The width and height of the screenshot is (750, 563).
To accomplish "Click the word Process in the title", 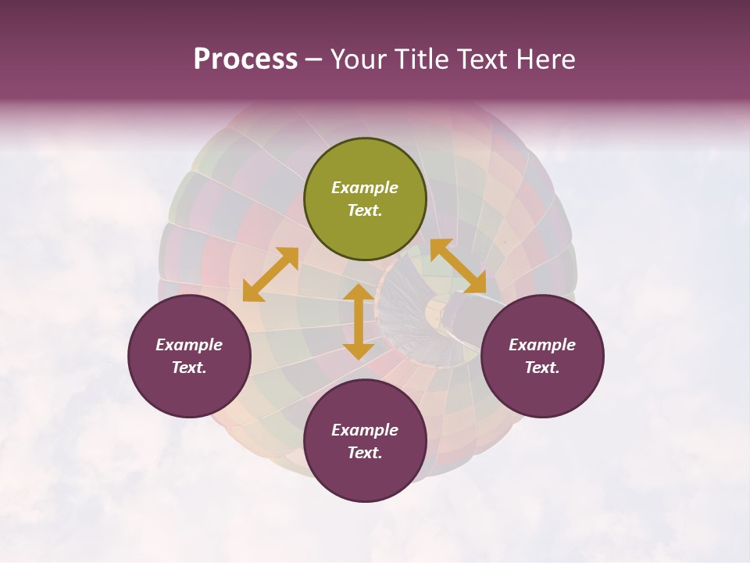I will point(245,59).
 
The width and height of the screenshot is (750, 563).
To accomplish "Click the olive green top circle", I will point(365,199).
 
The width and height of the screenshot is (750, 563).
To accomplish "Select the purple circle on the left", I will point(189,357).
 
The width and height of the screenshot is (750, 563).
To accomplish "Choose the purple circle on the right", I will point(542,357).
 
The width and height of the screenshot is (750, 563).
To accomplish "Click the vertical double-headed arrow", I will point(359,321).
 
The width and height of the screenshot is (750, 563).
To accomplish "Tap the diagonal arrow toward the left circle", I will point(270,274).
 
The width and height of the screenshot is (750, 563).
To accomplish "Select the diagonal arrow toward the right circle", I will point(458,266).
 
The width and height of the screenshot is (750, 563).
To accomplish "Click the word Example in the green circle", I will point(365,188).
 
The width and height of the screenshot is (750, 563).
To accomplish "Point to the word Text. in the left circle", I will point(189,368).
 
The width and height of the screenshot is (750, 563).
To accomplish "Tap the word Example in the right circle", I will point(542,345).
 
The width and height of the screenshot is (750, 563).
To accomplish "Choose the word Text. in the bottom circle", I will point(365,453).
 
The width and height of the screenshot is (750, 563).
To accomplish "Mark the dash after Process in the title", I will point(314,59).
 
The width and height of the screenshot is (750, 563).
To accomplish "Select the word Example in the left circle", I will point(189,345).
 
